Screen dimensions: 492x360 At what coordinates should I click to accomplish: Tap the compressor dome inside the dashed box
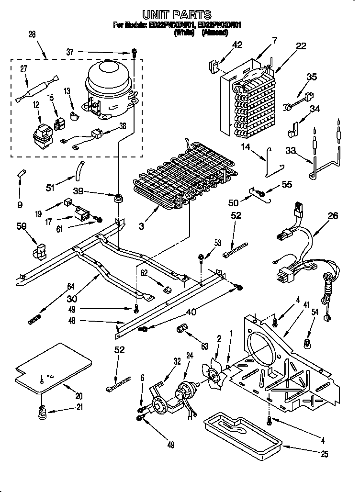[108, 79]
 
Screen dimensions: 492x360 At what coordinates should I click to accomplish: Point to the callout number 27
[24, 69]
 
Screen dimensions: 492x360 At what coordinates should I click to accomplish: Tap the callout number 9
[20, 205]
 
